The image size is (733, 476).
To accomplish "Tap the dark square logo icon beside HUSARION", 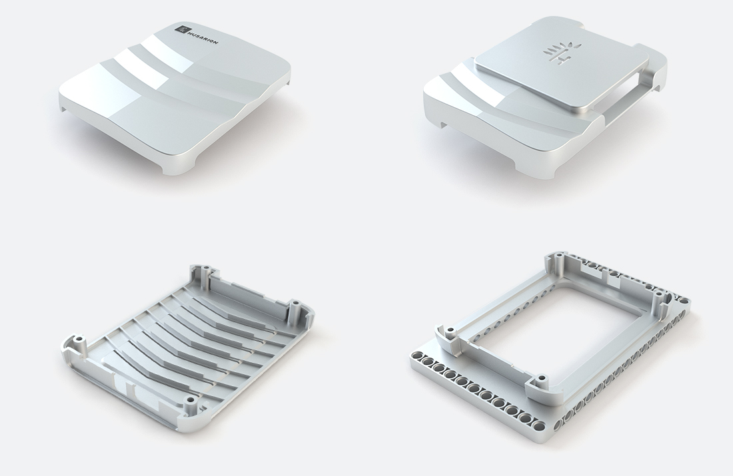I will [x=182, y=28].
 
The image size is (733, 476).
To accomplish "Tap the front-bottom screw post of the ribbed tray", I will [x=190, y=403].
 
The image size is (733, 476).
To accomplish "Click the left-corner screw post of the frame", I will [x=448, y=331].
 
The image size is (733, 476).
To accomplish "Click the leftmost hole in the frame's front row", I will [x=419, y=358].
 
